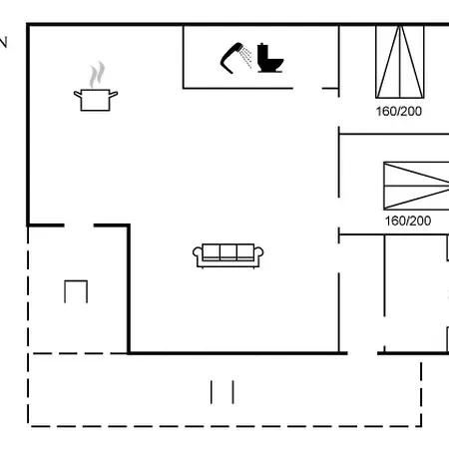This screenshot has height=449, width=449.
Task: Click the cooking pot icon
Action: [96, 100]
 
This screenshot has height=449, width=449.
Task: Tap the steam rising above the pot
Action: [97, 75]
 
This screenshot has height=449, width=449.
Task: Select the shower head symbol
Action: [231, 58]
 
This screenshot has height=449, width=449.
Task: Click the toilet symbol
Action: [270, 58]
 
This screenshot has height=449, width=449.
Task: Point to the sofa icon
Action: [228, 255]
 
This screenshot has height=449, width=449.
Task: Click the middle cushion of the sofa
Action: [228, 251]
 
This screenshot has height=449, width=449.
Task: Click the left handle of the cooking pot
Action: [78, 95]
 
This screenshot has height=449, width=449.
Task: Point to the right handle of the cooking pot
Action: [114, 95]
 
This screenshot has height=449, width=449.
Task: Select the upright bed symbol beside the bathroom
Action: [400, 62]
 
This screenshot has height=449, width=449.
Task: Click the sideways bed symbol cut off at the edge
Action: [416, 186]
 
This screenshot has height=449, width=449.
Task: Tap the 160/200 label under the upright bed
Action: [399, 111]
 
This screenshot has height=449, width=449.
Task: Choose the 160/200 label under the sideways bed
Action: [408, 221]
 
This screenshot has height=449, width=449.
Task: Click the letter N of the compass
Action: [3, 43]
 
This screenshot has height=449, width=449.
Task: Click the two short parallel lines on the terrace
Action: [223, 392]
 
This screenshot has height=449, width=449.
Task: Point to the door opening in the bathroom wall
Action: [307, 89]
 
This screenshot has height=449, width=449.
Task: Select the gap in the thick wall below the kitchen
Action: [79, 225]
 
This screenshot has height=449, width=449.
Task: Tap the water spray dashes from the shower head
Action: [246, 57]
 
